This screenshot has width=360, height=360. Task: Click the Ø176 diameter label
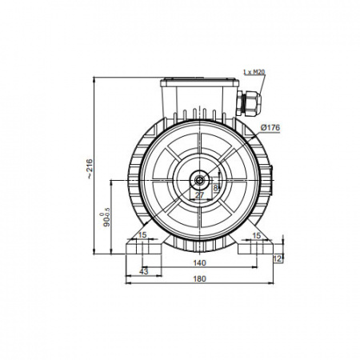[x=270, y=128]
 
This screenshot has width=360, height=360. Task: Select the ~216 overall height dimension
[x=90, y=169]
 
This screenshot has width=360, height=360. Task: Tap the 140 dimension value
[x=199, y=263]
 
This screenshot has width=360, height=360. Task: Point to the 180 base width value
[x=199, y=278]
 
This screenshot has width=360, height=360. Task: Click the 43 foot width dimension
[x=143, y=271]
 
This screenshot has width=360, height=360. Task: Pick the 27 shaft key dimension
[x=199, y=195]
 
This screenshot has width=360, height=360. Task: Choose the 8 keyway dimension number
[x=215, y=188]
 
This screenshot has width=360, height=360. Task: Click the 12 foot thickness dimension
[x=278, y=258]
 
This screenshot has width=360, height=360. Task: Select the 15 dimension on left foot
[x=142, y=235]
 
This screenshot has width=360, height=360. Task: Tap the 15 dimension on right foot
[x=256, y=235]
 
